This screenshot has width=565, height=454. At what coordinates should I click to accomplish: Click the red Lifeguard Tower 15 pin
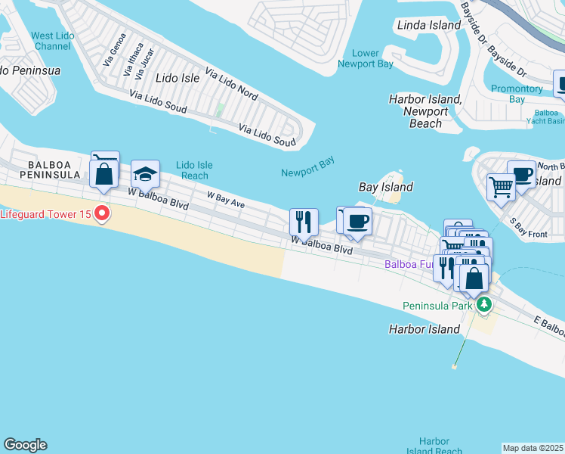101,214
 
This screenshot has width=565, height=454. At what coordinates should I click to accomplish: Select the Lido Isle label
177,78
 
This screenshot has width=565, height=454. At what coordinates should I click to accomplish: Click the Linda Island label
428,25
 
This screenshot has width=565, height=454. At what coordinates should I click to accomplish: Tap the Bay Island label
385,187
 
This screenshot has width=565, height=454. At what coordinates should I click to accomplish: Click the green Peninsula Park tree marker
484,306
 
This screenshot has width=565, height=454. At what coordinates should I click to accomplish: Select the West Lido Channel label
51,41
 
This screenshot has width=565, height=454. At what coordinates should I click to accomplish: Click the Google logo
25,445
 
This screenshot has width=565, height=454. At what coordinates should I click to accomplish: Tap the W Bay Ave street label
227,199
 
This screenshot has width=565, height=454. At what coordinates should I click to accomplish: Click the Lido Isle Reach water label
194,170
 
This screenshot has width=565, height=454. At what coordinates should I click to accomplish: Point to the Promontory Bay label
517,94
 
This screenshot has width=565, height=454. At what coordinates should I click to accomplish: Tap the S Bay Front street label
528,228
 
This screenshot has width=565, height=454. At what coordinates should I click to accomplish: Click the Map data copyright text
533,448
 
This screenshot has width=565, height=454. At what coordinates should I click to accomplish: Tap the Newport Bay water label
307,166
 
